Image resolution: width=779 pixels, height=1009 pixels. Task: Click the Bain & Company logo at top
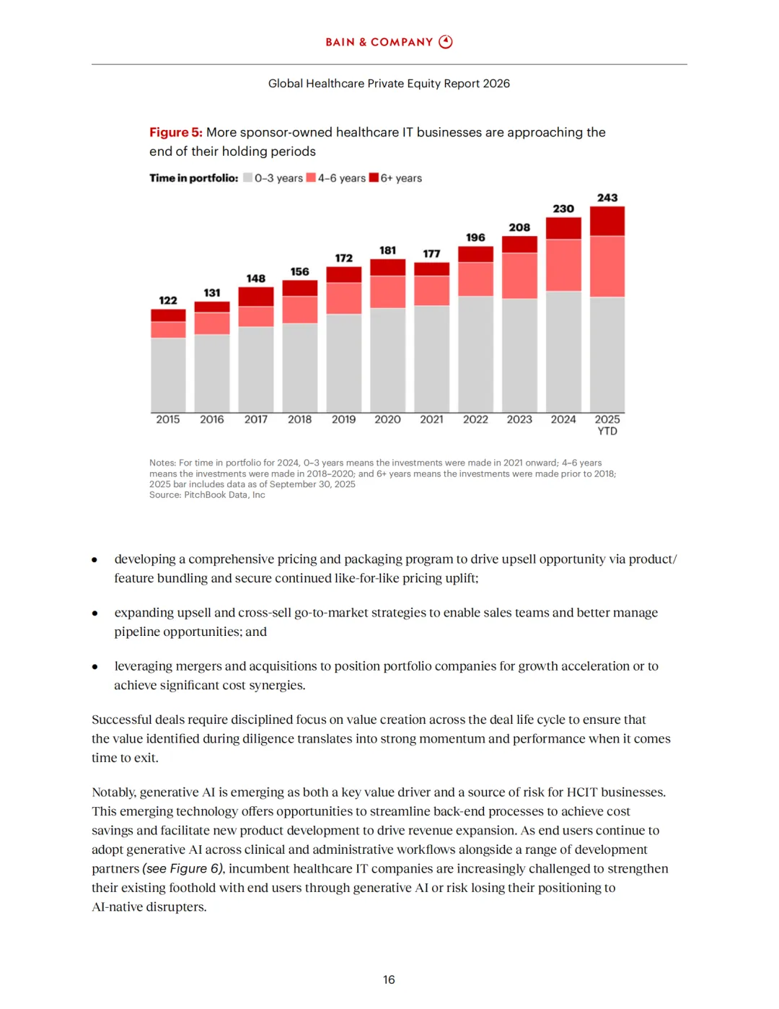point(389,42)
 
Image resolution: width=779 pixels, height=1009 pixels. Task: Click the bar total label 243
point(607,198)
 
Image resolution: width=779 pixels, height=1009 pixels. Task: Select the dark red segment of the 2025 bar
point(607,221)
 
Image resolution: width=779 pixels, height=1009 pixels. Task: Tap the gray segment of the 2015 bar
point(168,375)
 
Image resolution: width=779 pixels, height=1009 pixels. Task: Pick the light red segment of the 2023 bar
point(519,276)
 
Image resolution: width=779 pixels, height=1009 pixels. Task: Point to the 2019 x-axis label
point(343,419)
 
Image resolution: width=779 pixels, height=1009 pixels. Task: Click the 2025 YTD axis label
point(607,424)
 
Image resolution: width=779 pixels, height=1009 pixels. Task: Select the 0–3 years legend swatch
point(248,178)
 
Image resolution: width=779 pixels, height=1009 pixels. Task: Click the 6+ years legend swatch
point(374,178)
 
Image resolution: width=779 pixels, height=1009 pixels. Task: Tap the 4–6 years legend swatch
point(311,178)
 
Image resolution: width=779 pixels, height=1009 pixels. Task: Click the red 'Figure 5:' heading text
point(175,132)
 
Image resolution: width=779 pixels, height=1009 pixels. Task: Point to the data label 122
point(168,300)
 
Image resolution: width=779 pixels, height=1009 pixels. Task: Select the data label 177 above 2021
point(431,253)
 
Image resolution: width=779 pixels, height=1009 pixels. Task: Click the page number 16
point(389,979)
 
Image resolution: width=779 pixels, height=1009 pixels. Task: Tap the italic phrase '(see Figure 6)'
point(183,868)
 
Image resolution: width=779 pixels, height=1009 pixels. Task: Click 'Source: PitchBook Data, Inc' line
point(207,495)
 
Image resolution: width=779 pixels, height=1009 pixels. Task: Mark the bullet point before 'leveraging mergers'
point(94,666)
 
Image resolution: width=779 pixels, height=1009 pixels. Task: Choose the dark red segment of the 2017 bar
point(256,297)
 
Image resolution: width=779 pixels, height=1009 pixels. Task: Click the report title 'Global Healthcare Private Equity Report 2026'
point(389,84)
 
